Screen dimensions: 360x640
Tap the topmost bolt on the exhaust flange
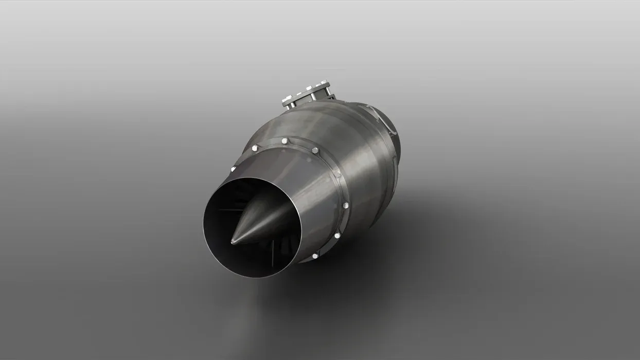point(284,140)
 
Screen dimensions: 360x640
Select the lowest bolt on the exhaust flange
point(314,256)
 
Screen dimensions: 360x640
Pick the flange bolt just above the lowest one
point(337,236)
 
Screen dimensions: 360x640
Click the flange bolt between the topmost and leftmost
point(254,149)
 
